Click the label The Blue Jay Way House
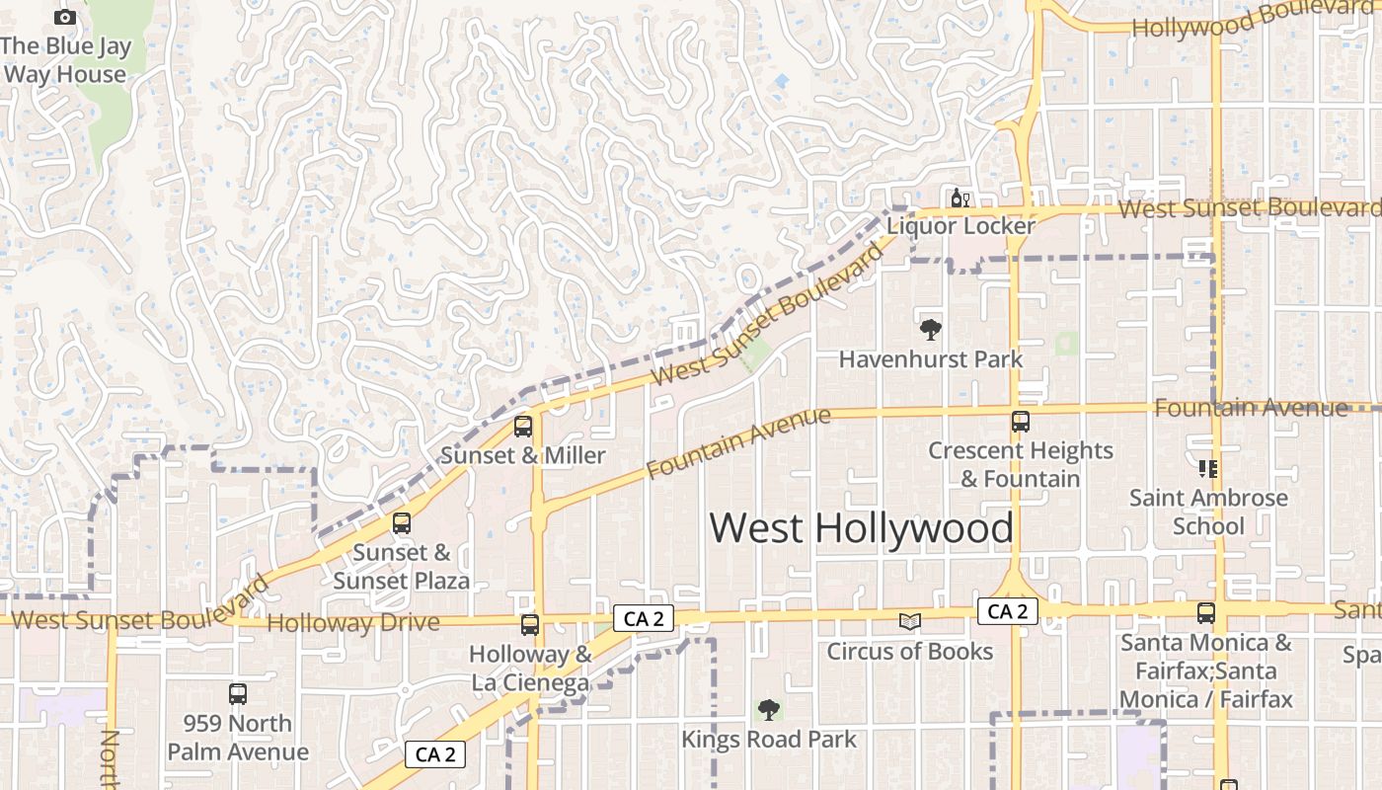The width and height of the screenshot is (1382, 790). (x=65, y=60)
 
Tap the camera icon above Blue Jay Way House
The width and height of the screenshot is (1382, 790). (x=65, y=17)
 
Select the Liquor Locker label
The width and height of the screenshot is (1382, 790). (x=960, y=226)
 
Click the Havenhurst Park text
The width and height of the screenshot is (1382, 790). (x=931, y=359)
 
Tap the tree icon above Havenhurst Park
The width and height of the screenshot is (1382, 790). (x=930, y=330)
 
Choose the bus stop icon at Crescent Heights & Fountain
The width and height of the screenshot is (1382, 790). (x=1021, y=422)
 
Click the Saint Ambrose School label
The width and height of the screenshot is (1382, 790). (x=1208, y=512)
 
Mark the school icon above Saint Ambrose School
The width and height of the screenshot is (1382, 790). (x=1208, y=468)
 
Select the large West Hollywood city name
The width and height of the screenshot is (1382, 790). (x=861, y=528)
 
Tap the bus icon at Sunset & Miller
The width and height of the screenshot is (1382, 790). (x=523, y=427)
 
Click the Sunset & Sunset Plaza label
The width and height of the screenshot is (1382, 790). (x=401, y=567)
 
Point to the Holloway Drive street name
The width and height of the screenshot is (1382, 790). (x=353, y=623)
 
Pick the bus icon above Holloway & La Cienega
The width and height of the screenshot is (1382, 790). (x=530, y=624)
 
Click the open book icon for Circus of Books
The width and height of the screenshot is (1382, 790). (x=910, y=621)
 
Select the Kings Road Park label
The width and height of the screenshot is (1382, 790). (x=769, y=740)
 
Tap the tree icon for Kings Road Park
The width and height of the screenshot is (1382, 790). (x=769, y=709)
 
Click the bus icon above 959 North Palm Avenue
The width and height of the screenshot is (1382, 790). (x=238, y=694)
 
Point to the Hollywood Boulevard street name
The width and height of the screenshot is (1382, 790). (x=1254, y=21)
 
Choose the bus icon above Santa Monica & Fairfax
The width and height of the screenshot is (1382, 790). (x=1206, y=613)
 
